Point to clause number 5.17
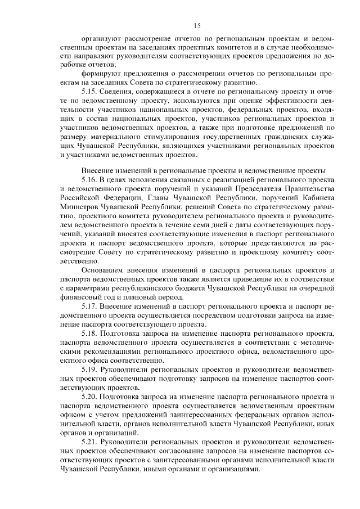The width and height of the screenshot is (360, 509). point(91,305)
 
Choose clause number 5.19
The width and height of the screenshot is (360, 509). point(91,370)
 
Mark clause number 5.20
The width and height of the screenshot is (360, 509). point(91,397)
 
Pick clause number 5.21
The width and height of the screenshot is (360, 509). point(91,442)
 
